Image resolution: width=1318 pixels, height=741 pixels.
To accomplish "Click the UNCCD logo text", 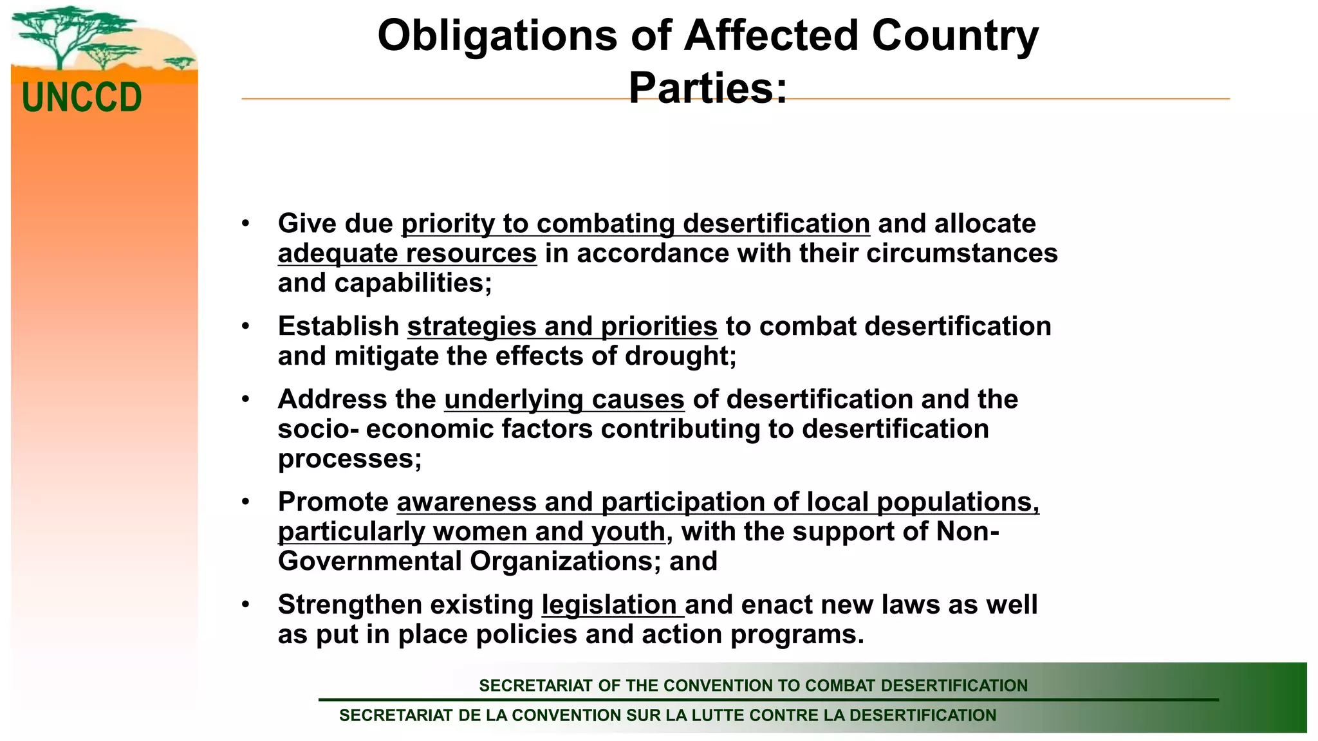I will [82, 98].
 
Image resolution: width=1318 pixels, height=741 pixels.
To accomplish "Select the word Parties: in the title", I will [707, 87].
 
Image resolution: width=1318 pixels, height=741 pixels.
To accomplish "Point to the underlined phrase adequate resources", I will [407, 253].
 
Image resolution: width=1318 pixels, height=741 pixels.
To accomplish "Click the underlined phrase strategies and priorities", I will [562, 327].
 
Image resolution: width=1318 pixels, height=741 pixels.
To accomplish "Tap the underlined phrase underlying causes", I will [564, 399].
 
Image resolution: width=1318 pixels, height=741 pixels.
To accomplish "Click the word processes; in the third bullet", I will [349, 459].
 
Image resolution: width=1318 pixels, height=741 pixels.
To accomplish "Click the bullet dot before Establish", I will [245, 327].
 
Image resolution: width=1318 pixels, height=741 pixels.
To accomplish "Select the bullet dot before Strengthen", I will [245, 605].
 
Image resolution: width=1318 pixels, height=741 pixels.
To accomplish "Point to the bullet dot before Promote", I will [245, 502].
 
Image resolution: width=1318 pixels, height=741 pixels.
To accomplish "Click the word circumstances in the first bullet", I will [961, 253].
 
